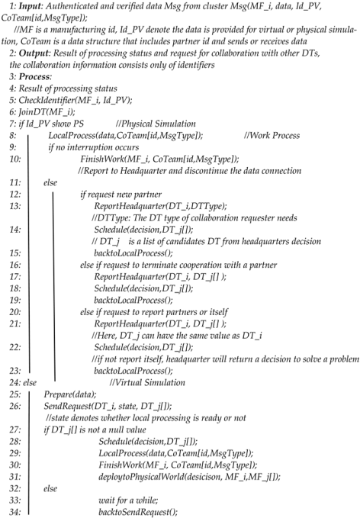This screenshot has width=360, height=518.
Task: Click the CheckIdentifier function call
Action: click(45, 128)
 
